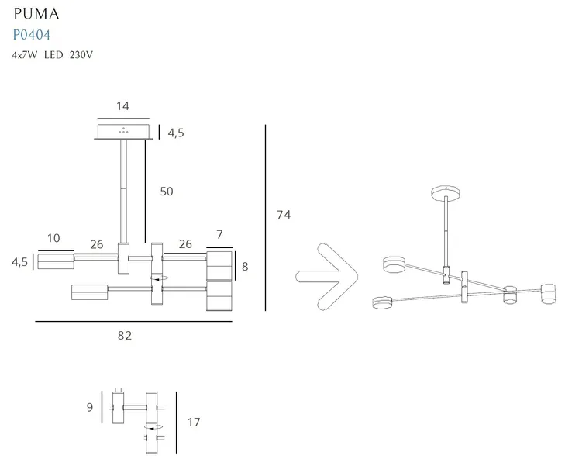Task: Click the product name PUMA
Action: pyautogui.click(x=36, y=14)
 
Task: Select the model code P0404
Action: pyautogui.click(x=31, y=35)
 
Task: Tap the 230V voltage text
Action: pyautogui.click(x=81, y=55)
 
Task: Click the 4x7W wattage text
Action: pyautogui.click(x=25, y=55)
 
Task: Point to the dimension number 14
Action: pyautogui.click(x=122, y=106)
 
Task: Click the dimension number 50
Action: pyautogui.click(x=167, y=192)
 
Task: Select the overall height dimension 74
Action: pyautogui.click(x=284, y=215)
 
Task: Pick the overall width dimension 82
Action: pyautogui.click(x=125, y=336)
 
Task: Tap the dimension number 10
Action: pyautogui.click(x=53, y=238)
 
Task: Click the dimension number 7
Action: pyautogui.click(x=219, y=235)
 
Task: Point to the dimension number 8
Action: pyautogui.click(x=245, y=267)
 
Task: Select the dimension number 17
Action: pyautogui.click(x=194, y=422)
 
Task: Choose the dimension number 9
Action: pyautogui.click(x=90, y=407)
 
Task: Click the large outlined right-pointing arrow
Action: pyautogui.click(x=326, y=277)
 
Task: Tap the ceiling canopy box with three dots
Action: pyautogui.click(x=123, y=131)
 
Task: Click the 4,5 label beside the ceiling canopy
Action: pyautogui.click(x=176, y=133)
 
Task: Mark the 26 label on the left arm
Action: pyautogui.click(x=97, y=245)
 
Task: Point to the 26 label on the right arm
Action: pyautogui.click(x=185, y=244)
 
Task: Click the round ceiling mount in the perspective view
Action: pyautogui.click(x=446, y=192)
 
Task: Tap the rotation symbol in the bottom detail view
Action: pyautogui.click(x=153, y=427)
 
